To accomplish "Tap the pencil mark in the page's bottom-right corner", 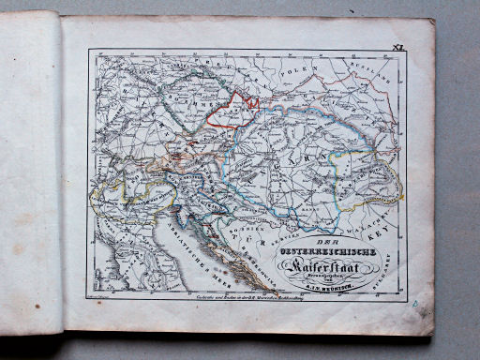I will coord(415,305).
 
